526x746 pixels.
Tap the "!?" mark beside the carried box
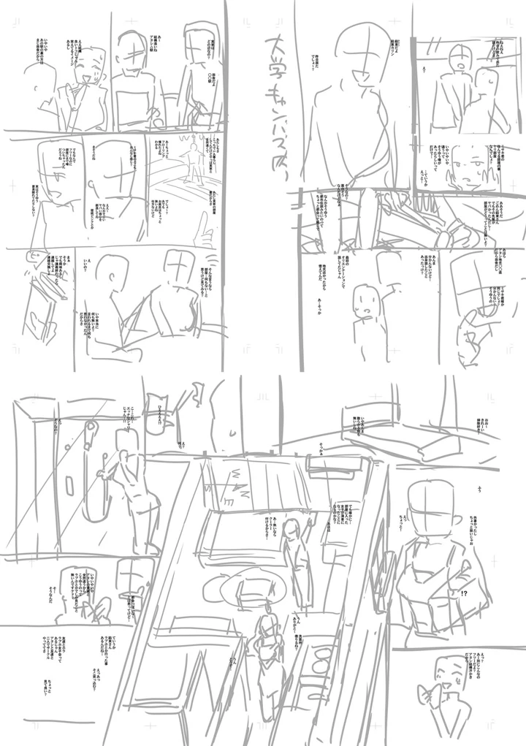click(x=465, y=594)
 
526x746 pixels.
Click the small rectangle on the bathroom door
click(x=70, y=482)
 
